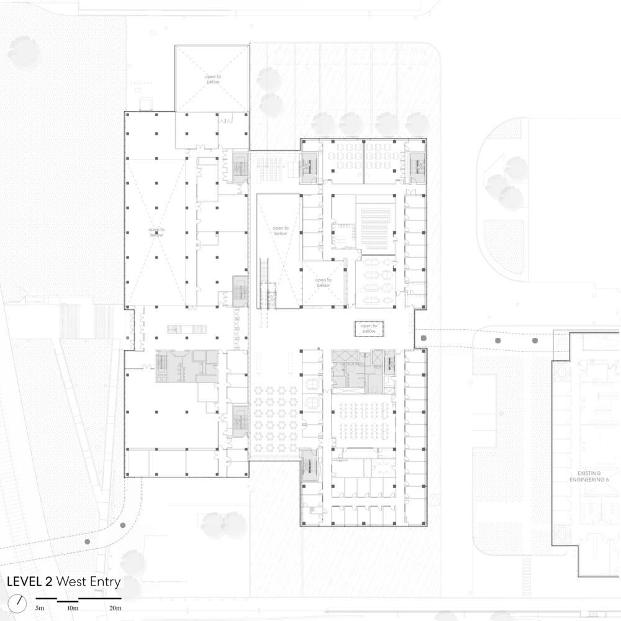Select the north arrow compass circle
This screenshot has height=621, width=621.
[x=19, y=602]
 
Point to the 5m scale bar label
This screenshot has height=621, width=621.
[x=40, y=608]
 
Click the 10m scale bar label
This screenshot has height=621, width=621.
[x=73, y=608]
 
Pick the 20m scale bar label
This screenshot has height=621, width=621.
[x=116, y=608]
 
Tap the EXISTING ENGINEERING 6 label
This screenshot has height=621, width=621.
[x=587, y=476]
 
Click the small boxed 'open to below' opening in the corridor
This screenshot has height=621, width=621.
[x=369, y=329]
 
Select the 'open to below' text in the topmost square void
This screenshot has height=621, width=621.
[x=213, y=79]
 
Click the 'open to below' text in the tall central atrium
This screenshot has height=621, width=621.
[x=281, y=230]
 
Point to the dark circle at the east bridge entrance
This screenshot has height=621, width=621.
[x=424, y=338]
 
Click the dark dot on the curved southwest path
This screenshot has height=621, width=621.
[x=88, y=542]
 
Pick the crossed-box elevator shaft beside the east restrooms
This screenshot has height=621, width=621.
[x=343, y=356]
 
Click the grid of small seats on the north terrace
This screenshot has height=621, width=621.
[x=268, y=165]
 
